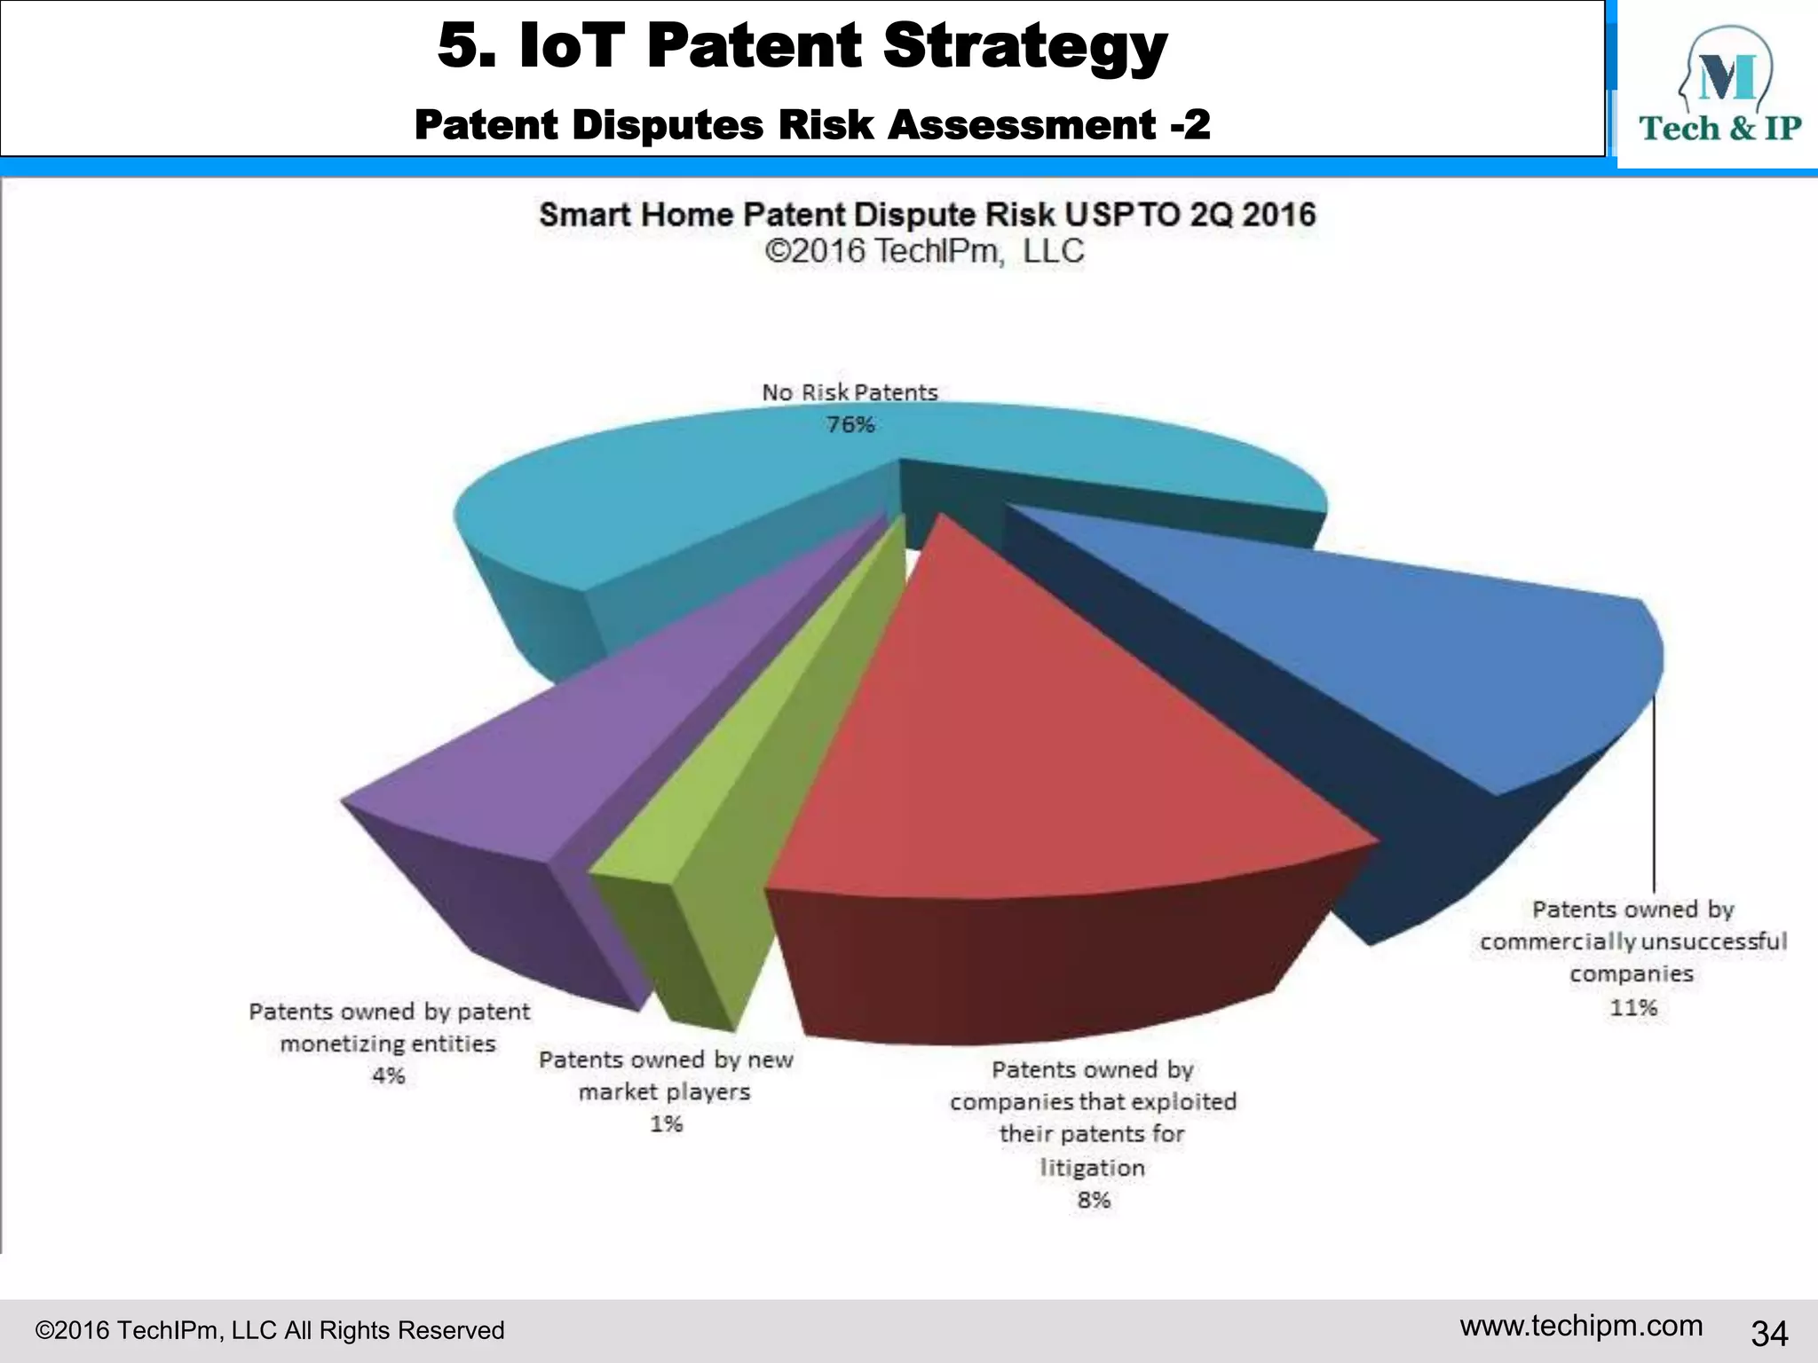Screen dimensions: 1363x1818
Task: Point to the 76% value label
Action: pyautogui.click(x=850, y=425)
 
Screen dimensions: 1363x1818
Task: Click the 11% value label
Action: pyautogui.click(x=1633, y=1007)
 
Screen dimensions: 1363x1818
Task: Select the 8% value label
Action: pyautogui.click(x=1094, y=1200)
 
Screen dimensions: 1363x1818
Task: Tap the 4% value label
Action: pyautogui.click(x=388, y=1075)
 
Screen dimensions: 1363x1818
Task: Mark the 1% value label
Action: pyautogui.click(x=666, y=1123)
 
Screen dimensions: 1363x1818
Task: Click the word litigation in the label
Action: pyautogui.click(x=1092, y=1167)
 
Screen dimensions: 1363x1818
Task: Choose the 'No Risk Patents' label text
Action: pyautogui.click(x=850, y=392)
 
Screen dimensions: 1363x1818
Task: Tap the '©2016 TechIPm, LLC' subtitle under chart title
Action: pyautogui.click(x=924, y=251)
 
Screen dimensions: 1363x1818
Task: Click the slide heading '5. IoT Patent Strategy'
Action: pyautogui.click(x=802, y=46)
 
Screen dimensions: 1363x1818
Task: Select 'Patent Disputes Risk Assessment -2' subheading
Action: pyautogui.click(x=811, y=124)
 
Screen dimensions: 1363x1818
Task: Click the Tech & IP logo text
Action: pyautogui.click(x=1719, y=129)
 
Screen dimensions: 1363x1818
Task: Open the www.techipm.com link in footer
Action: pyautogui.click(x=1581, y=1326)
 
